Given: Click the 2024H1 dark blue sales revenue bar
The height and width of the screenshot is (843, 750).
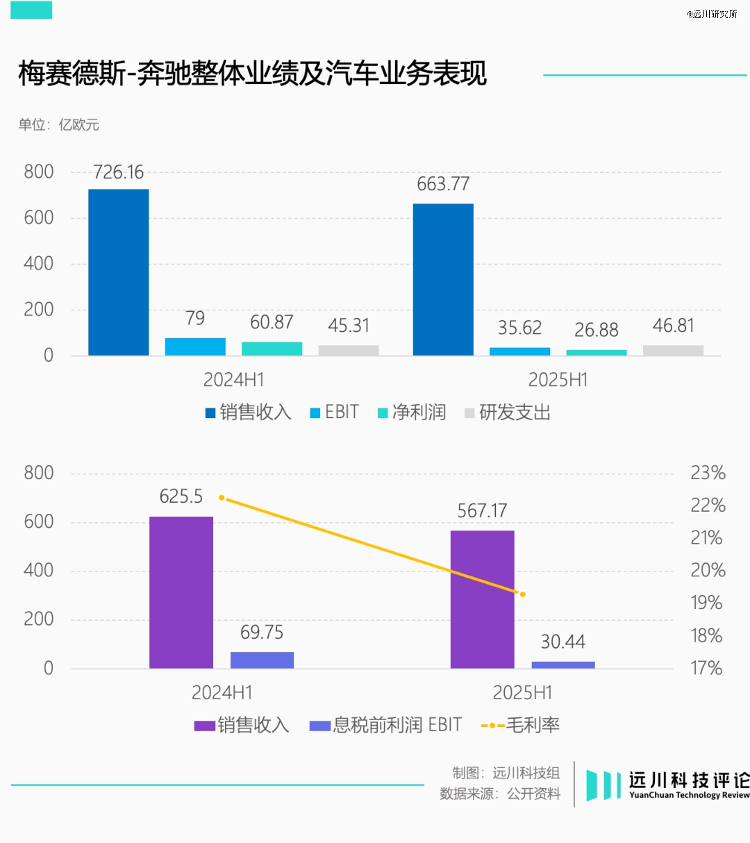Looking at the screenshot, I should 118,272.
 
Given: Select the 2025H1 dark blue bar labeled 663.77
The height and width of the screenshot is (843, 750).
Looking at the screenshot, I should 443,279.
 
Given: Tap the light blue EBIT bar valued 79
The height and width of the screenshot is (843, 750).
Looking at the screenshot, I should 195,347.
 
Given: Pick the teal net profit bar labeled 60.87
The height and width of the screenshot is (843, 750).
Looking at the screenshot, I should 272,349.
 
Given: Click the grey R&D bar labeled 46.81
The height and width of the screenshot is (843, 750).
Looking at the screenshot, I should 673,350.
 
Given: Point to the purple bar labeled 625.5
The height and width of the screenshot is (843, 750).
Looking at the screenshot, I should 181,592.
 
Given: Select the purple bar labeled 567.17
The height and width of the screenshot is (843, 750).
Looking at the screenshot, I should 482,599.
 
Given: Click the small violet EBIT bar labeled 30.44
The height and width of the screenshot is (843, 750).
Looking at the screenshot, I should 563,665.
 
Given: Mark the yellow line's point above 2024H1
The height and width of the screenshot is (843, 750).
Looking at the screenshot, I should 222,498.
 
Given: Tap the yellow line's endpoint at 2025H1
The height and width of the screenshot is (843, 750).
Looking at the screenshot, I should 522,594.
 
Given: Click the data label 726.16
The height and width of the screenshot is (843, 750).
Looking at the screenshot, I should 118,172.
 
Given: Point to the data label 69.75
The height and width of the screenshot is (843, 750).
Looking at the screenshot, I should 262,633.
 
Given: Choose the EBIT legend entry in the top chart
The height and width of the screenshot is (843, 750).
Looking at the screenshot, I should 334,412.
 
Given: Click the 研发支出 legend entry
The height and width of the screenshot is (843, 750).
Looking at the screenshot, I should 508,412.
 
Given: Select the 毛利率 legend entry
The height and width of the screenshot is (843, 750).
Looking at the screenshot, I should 520,725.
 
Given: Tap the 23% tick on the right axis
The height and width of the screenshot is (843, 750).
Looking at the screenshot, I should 708,473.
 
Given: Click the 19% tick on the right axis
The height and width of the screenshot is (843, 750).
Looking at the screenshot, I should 706,603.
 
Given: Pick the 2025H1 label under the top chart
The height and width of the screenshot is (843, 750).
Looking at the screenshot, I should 558,380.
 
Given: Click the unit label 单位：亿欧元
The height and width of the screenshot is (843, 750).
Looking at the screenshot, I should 59,125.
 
